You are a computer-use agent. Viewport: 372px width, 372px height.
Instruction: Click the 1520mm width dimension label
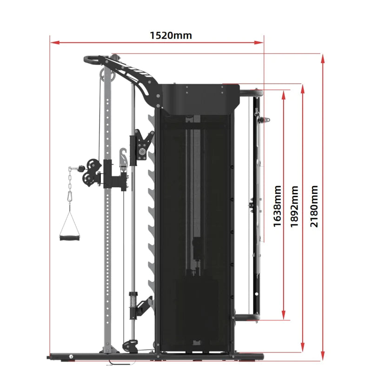[171, 35]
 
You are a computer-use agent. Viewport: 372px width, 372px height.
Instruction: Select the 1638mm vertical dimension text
[278, 206]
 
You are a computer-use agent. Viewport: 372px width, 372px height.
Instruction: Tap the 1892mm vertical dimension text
[294, 206]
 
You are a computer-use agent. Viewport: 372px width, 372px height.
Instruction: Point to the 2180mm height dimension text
[315, 206]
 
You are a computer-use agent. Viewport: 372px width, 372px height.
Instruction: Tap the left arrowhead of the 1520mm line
[54, 42]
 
